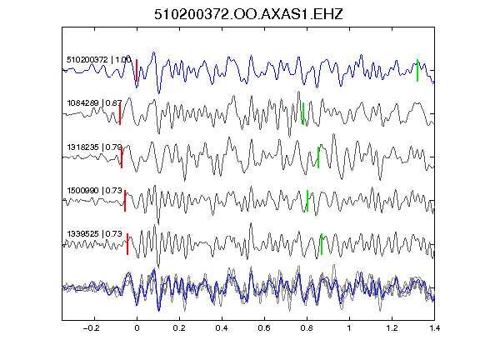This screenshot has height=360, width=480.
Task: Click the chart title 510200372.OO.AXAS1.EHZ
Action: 248,14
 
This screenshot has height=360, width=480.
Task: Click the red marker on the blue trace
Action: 137,70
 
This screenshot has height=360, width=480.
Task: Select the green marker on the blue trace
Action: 417,70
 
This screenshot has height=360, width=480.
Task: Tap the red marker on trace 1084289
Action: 120,113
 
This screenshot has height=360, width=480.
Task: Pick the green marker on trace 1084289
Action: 303,113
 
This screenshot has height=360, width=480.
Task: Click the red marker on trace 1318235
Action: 122,157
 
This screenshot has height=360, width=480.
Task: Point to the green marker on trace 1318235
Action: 318,157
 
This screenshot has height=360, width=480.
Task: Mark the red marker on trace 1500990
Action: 125,201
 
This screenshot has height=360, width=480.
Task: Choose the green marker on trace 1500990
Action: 307,201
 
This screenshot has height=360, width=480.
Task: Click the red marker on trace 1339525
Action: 127,244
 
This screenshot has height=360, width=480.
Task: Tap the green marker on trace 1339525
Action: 322,244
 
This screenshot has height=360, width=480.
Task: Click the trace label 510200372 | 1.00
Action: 99,59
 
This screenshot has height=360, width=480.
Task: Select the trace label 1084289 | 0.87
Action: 95,102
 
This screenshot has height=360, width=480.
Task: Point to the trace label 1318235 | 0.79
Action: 95,147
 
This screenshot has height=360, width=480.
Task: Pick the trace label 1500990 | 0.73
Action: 95,191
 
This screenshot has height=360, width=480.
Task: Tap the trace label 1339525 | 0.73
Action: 95,234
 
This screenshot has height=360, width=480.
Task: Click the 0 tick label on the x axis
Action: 137,328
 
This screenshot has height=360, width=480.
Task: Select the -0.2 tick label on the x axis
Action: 92,328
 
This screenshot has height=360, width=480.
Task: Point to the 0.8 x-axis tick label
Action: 307,328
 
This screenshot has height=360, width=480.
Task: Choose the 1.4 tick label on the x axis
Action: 434,328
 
